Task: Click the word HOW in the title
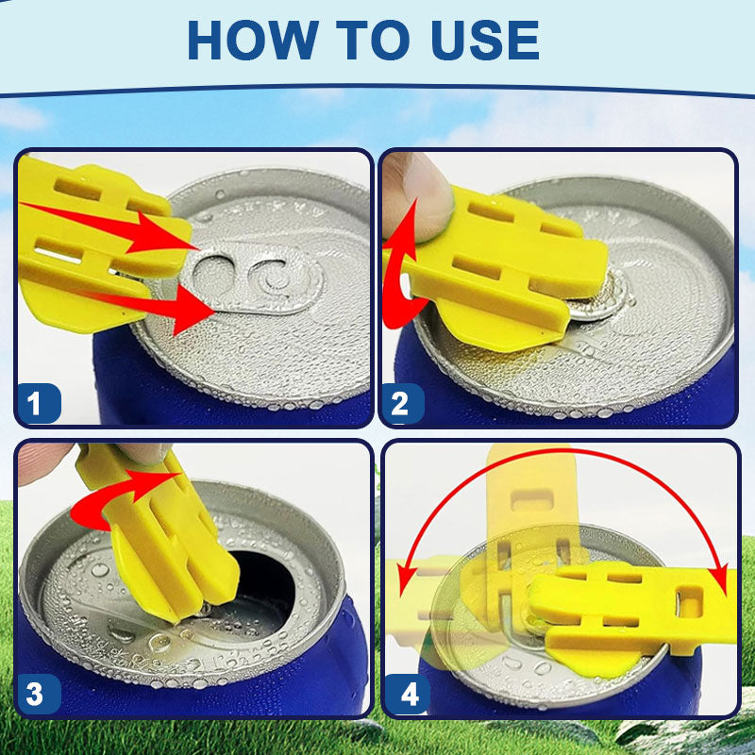(253, 41)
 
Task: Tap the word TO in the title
(373, 41)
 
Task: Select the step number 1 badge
(39, 404)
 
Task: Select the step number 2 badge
(403, 404)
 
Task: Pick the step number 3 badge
(39, 694)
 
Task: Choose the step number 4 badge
(407, 694)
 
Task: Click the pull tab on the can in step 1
(250, 278)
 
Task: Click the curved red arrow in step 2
(397, 275)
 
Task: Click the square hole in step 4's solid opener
(690, 602)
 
